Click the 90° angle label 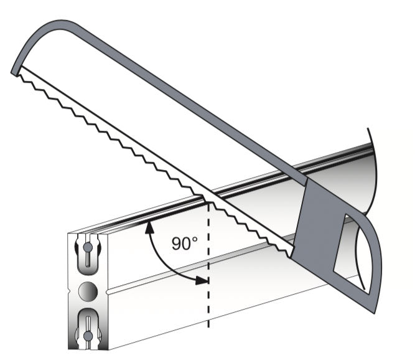[x=184, y=244]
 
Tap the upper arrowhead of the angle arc [x=149, y=227]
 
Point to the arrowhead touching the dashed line [x=202, y=280]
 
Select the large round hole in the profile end [x=88, y=291]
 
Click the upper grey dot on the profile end [x=88, y=248]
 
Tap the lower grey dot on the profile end [x=88, y=336]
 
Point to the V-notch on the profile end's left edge [x=69, y=291]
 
